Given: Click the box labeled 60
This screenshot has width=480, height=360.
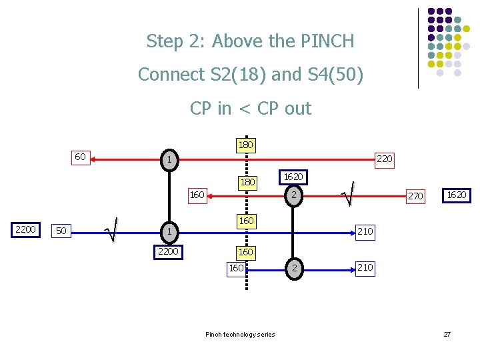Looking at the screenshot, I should click(79, 157).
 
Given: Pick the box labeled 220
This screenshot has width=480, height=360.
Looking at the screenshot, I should click(385, 159).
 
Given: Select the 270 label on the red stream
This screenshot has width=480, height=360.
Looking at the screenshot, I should click(415, 196).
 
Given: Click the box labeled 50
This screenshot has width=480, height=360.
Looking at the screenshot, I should click(61, 231).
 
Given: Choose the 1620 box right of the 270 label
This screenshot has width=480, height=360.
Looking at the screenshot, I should click(457, 195).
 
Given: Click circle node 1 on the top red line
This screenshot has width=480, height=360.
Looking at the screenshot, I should click(171, 160).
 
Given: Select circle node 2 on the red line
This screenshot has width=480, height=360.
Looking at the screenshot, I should click(291, 195).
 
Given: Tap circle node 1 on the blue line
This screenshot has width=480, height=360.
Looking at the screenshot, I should click(171, 231).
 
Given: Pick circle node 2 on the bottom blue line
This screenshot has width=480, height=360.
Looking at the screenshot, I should click(291, 268).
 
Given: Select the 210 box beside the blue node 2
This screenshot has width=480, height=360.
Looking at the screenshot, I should click(365, 268).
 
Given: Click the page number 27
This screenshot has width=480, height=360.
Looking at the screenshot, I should click(447, 334).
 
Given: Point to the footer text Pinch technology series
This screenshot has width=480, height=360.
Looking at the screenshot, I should click(240, 334).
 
